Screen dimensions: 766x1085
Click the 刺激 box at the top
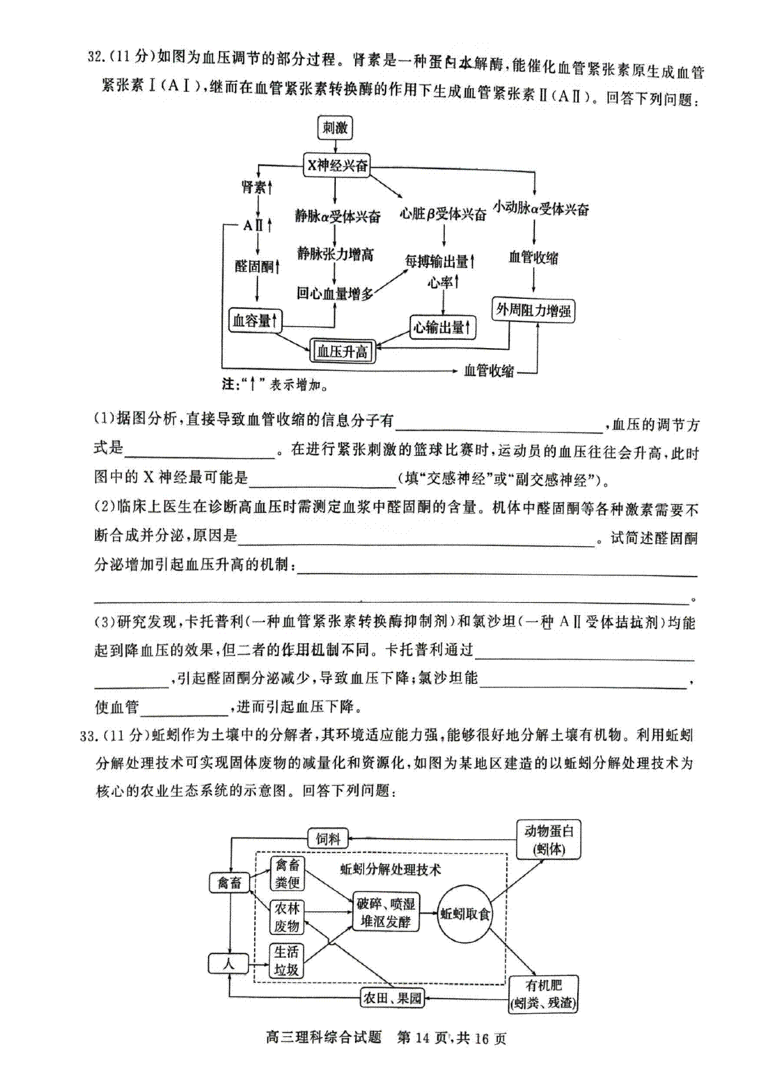coord(335,128)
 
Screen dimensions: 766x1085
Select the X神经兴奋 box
coord(336,165)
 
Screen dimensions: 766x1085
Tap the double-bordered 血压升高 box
coord(342,351)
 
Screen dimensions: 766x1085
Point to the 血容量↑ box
coord(255,320)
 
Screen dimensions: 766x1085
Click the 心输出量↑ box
coord(442,328)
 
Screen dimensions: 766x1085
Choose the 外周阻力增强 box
coord(533,310)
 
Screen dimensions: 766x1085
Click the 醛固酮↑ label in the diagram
coord(257,266)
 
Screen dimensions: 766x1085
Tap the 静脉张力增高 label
coord(335,254)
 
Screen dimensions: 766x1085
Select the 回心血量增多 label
coord(335,293)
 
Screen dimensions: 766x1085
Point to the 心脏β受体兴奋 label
coord(442,213)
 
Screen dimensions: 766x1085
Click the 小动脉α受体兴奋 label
coord(541,209)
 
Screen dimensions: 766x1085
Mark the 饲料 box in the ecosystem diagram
coord(328,838)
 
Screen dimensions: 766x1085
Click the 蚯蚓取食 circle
coord(464,914)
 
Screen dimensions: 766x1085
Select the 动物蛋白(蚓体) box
coord(548,839)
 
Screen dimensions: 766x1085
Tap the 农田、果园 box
coord(392,998)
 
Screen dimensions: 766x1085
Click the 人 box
coord(228,964)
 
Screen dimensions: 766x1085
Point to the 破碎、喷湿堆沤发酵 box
coord(386,912)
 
